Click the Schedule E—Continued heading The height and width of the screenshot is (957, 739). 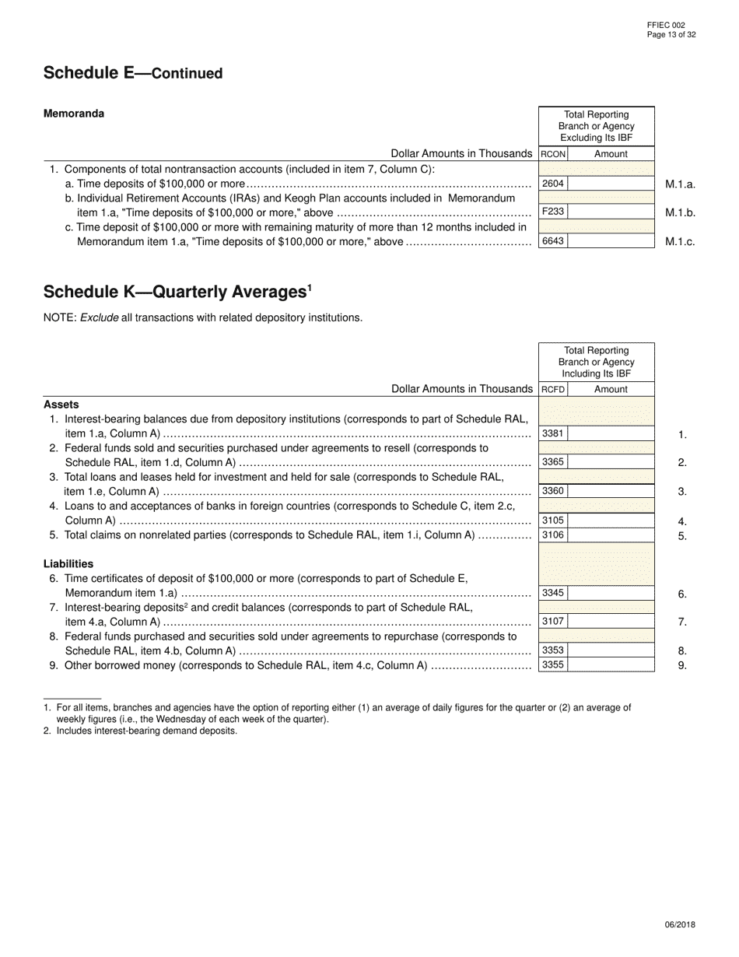(133, 73)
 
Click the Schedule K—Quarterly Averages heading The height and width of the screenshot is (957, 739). (177, 292)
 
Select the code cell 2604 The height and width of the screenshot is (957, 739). (552, 184)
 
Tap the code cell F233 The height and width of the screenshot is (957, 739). (552, 212)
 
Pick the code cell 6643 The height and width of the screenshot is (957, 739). (552, 241)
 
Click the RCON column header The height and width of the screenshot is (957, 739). (553, 154)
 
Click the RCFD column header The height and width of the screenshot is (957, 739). (553, 389)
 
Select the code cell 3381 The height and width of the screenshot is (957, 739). (552, 433)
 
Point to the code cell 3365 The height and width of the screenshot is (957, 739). (552, 462)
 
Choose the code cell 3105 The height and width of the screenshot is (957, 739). (552, 521)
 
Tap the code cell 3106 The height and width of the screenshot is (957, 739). (552, 535)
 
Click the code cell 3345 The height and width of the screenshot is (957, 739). (552, 593)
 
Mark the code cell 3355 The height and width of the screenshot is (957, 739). (552, 665)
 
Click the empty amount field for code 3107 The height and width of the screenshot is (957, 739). (611, 622)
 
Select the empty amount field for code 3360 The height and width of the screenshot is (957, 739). (611, 491)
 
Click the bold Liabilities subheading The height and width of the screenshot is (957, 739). (68, 563)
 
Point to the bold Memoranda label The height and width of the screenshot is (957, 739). (74, 114)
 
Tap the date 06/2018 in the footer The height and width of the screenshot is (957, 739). (680, 925)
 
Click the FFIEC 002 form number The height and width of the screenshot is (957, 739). (666, 25)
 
